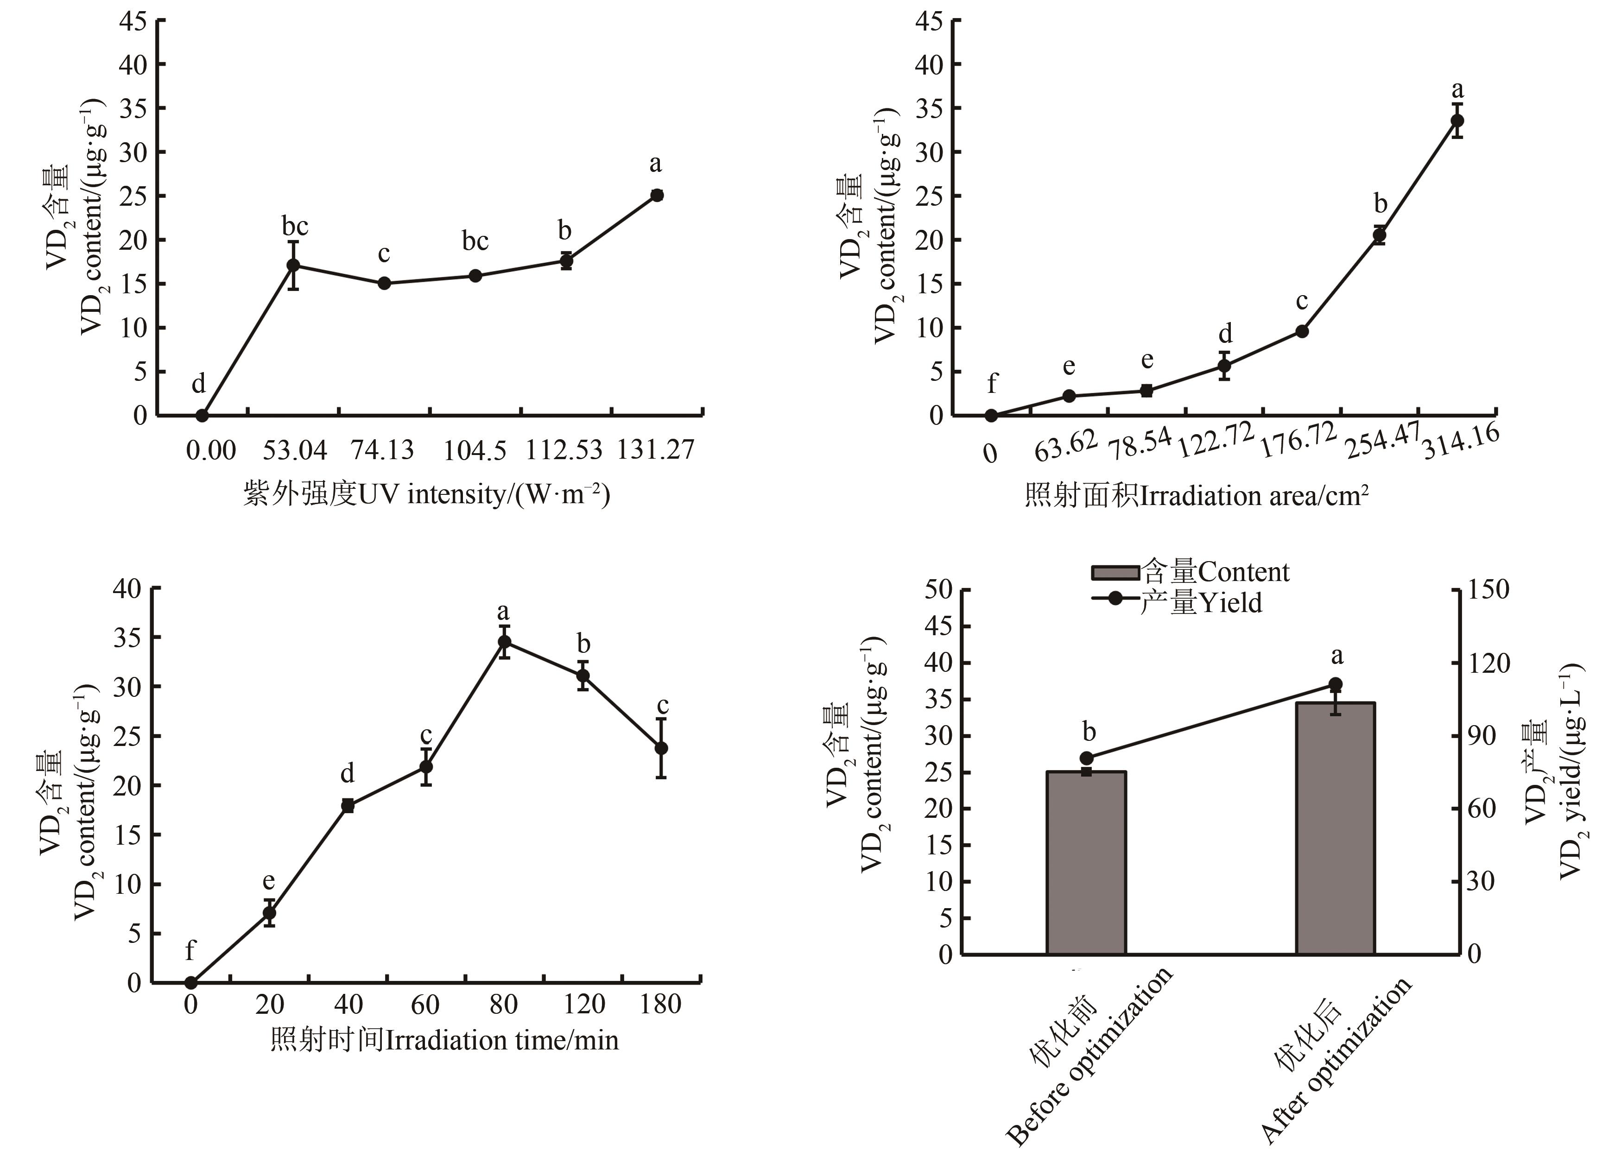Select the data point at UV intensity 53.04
coord(293,265)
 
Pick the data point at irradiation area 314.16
coord(1457,120)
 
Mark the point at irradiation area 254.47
coord(1379,235)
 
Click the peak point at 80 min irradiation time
coord(504,642)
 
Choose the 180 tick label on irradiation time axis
coord(660,1004)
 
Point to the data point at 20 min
coord(269,913)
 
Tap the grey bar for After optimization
coord(1335,828)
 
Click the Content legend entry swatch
coord(1115,572)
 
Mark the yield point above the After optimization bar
coord(1335,684)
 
